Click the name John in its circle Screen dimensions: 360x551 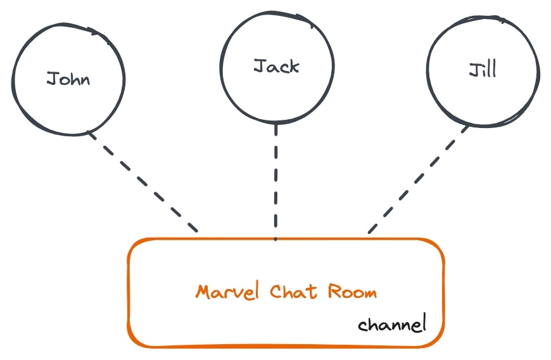coord(68,79)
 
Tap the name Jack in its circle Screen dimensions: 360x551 coord(276,66)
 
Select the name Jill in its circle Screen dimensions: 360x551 coord(483,69)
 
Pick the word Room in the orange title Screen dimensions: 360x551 coord(352,292)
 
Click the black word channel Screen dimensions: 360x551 coord(392,325)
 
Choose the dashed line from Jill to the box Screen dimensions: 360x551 coord(418,180)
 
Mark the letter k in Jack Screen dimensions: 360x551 coord(293,66)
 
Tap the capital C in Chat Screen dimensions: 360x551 coord(275,292)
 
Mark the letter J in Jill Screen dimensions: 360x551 coord(473,70)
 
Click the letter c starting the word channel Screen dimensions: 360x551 coord(362,326)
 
